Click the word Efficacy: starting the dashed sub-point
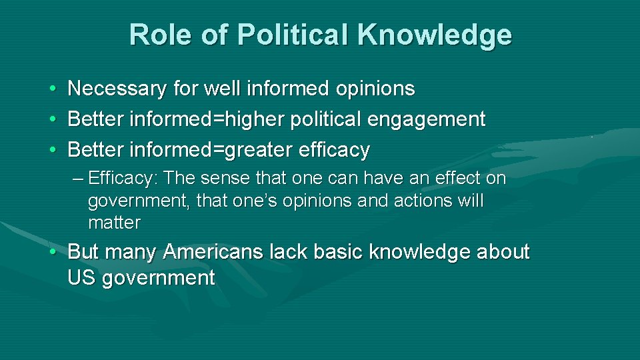[x=123, y=179]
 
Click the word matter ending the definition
[x=114, y=223]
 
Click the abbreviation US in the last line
[x=81, y=278]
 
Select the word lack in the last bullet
[x=289, y=253]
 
